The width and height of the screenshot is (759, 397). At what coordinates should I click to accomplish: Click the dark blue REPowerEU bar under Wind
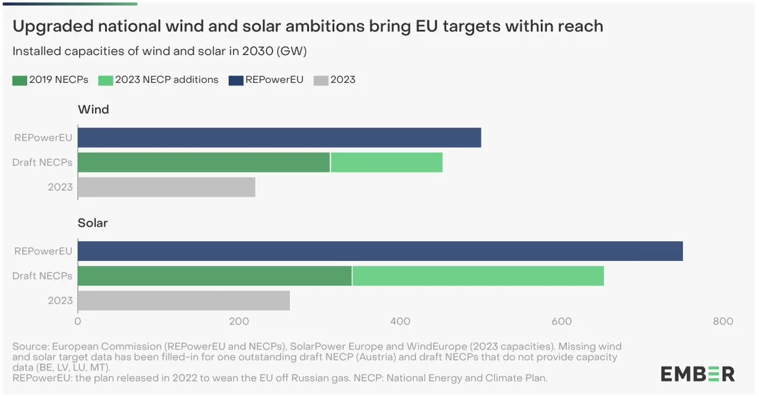[x=279, y=137]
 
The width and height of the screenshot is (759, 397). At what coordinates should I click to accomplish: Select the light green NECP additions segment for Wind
[x=386, y=162]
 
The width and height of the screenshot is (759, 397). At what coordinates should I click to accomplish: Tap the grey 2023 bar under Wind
[x=166, y=187]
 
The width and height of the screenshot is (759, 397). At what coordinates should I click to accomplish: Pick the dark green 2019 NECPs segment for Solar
[x=215, y=276]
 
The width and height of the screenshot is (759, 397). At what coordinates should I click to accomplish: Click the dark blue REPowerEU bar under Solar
[x=380, y=251]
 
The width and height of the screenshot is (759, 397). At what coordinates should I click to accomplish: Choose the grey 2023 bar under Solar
[x=184, y=301]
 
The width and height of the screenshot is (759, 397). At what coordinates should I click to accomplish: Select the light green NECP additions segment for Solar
[x=478, y=276]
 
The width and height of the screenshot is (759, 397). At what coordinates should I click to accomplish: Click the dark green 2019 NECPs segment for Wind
[x=204, y=162]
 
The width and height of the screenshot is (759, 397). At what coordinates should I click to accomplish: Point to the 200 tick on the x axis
[x=239, y=322]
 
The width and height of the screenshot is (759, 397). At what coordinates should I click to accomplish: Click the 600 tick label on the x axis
[x=562, y=322]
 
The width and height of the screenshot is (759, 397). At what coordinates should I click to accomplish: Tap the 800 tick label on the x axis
[x=724, y=322]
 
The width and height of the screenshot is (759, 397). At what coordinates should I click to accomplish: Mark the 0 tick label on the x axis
[x=78, y=322]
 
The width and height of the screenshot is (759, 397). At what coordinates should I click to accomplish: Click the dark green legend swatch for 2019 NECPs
[x=20, y=80]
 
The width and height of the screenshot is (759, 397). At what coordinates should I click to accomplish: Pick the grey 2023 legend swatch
[x=322, y=80]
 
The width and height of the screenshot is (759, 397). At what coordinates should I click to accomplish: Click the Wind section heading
[x=93, y=110]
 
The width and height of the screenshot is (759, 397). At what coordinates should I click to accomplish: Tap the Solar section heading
[x=92, y=223]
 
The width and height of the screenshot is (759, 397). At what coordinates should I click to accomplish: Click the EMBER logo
[x=698, y=374]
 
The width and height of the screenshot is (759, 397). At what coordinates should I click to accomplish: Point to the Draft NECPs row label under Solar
[x=42, y=276]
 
